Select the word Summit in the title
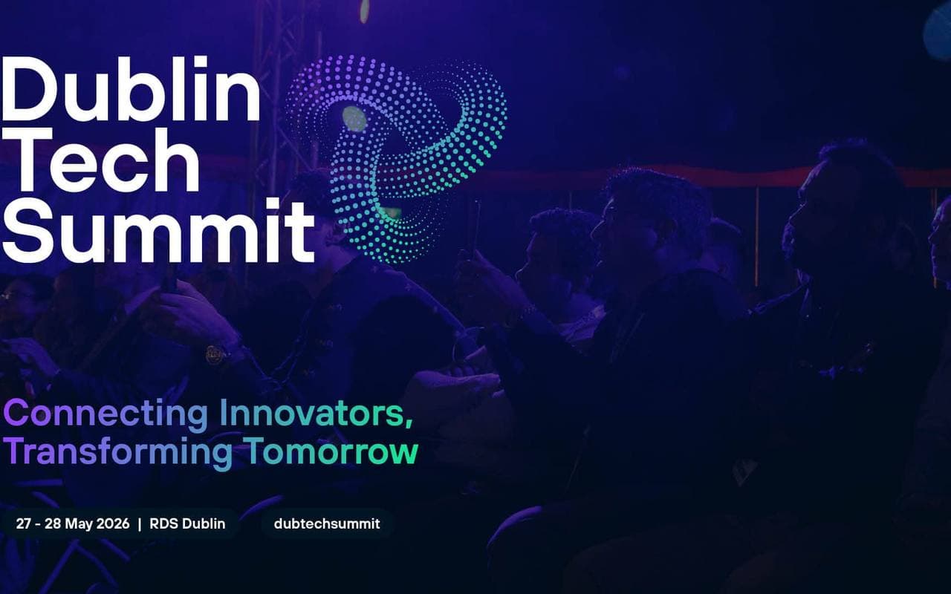click(x=158, y=229)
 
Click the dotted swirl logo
click(x=397, y=158)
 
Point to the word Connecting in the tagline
click(x=106, y=415)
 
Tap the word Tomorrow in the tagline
click(x=332, y=451)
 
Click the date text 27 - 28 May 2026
click(x=73, y=524)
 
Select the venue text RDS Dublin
click(x=187, y=523)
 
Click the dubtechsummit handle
click(x=327, y=523)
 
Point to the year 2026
click(x=113, y=523)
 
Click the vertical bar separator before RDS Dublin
click(x=140, y=524)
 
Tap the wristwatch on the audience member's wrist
click(x=215, y=355)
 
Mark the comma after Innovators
click(x=409, y=422)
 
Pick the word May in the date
click(x=79, y=524)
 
